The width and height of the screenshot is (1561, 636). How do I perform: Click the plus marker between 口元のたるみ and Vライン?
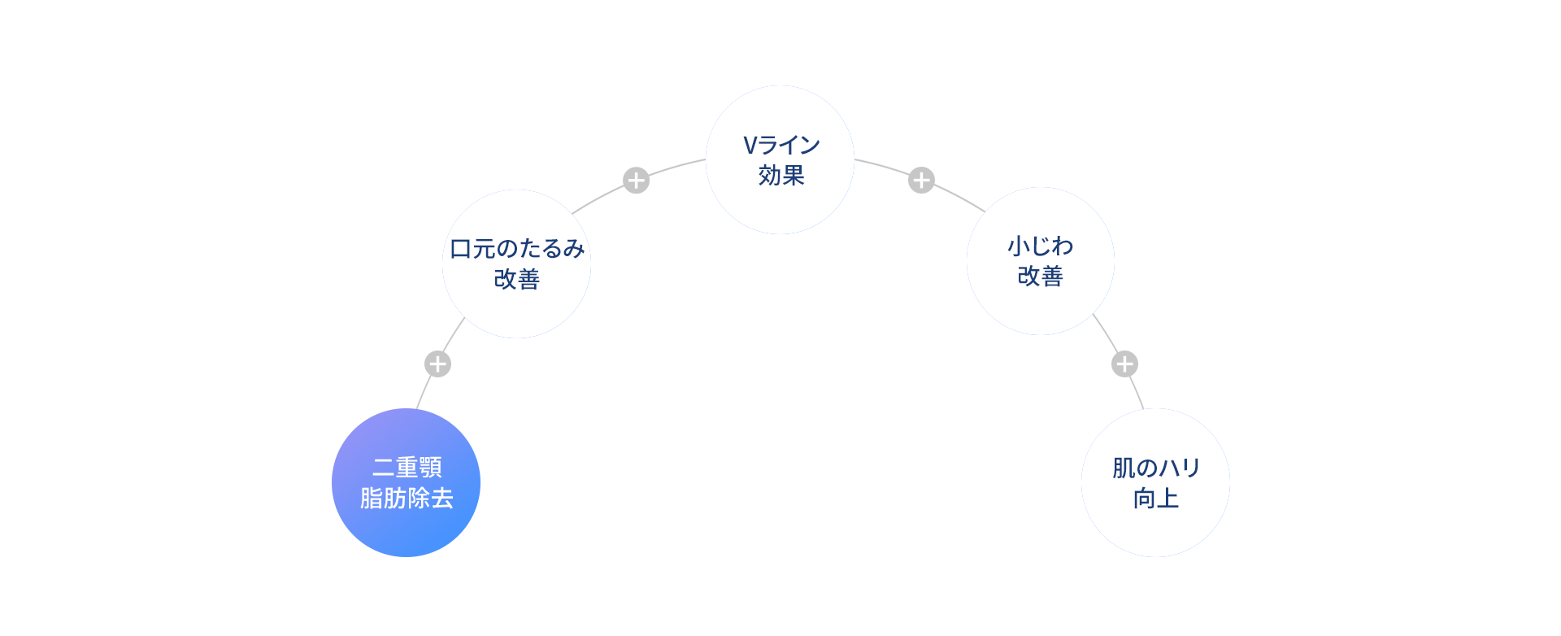[636, 180]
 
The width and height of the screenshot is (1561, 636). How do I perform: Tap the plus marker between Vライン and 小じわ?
[921, 180]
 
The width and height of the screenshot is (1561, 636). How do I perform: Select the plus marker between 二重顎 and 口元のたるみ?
[437, 364]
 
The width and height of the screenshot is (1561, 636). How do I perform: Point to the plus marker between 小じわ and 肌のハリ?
[1124, 364]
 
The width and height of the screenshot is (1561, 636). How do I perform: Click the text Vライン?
[781, 146]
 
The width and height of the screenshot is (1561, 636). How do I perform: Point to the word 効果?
[781, 176]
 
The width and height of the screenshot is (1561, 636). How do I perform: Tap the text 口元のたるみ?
[517, 249]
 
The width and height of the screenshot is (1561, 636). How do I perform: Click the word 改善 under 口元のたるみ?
[517, 279]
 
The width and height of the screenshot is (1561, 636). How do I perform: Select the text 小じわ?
[1041, 246]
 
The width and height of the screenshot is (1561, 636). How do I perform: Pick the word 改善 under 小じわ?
[1041, 277]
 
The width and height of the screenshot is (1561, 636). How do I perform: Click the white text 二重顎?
[407, 468]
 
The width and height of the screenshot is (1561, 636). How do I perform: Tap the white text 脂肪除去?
[407, 498]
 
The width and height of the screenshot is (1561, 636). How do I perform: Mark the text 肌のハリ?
[1156, 468]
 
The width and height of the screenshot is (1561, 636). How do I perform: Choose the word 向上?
[1156, 498]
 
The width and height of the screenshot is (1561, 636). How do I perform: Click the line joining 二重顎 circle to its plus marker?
[423, 394]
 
